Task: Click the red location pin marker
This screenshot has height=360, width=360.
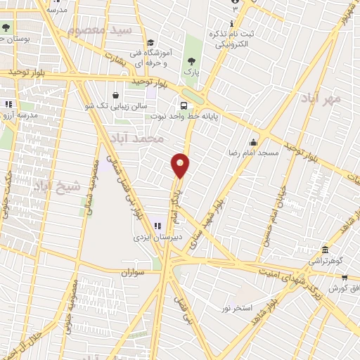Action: (181, 165)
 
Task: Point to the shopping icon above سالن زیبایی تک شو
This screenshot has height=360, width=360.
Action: (115, 95)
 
